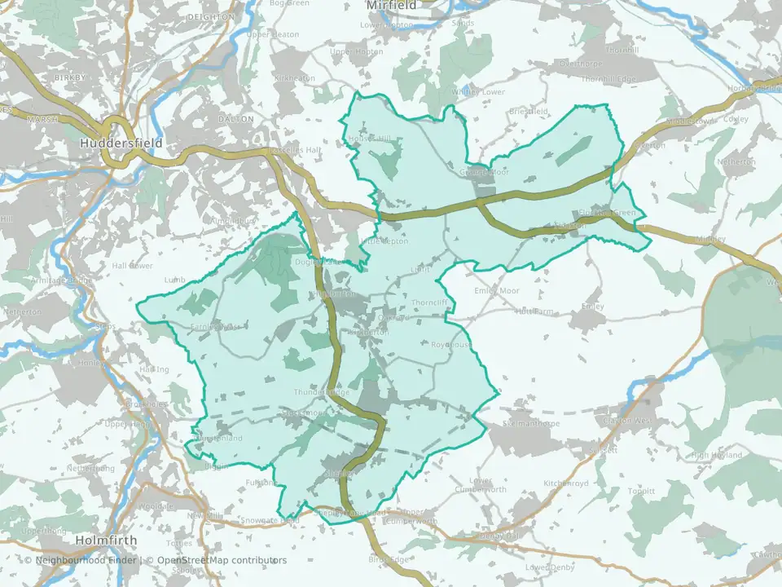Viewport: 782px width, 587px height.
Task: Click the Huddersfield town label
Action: coord(121,143)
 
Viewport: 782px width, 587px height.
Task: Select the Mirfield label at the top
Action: coord(391,6)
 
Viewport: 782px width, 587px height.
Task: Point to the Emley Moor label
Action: coord(496,290)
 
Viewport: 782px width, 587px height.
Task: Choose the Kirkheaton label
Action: coord(295,78)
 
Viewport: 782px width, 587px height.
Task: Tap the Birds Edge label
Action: coord(387,559)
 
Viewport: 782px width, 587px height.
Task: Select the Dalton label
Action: coord(236,119)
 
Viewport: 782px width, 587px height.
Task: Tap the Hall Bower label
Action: coord(132,266)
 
